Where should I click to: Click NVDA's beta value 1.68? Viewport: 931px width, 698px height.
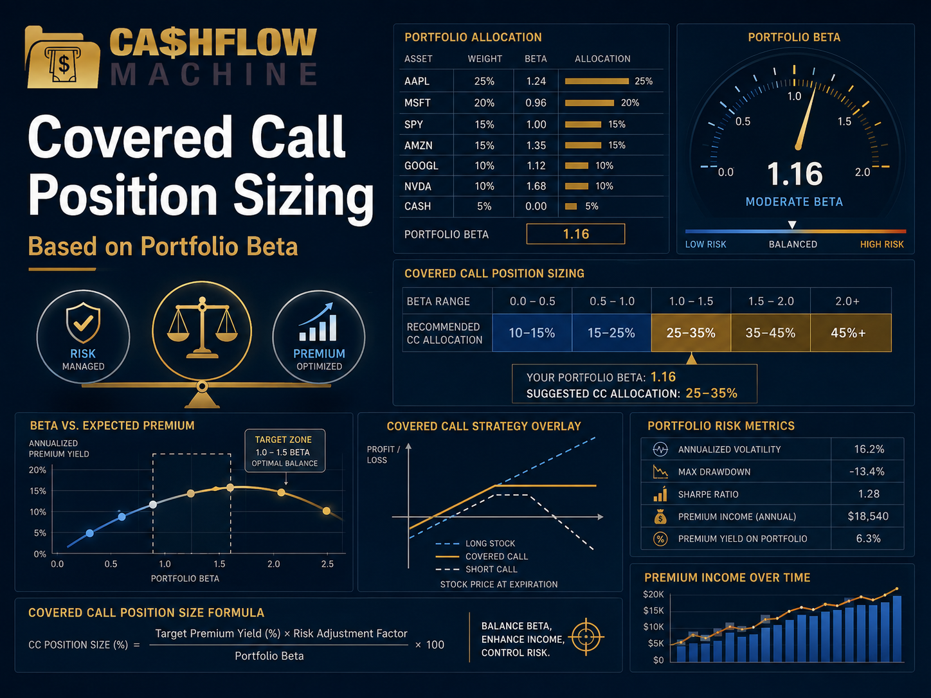[x=536, y=186]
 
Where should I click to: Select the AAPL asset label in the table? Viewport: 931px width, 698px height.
[x=417, y=81]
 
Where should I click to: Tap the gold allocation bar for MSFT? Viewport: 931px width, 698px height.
[x=589, y=103]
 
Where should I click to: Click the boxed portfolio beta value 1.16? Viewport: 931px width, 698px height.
[x=575, y=234]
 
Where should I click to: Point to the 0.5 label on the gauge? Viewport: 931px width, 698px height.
[x=743, y=121]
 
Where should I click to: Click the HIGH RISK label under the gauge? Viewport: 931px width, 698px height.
[x=881, y=244]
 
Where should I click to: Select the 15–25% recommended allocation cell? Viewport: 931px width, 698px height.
[x=611, y=333]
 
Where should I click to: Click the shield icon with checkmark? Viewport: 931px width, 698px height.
[x=83, y=323]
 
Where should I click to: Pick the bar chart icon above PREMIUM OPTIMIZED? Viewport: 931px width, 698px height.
[x=318, y=322]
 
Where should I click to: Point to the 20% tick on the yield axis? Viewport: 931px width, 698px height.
[x=38, y=470]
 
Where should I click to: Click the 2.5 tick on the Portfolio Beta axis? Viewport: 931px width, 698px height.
[x=327, y=564]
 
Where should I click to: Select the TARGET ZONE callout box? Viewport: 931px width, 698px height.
[x=285, y=451]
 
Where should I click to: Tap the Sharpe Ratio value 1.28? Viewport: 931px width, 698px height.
[x=868, y=494]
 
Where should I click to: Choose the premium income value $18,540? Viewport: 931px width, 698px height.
[x=868, y=516]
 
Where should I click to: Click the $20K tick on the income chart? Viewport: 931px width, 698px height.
[x=653, y=594]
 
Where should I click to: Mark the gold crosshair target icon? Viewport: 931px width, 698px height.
[x=586, y=636]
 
